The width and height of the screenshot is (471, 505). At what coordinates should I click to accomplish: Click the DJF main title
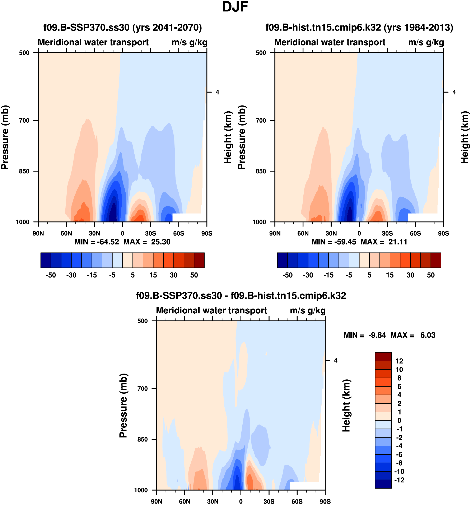pyautogui.click(x=235, y=7)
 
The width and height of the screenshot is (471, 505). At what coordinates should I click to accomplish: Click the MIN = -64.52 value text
pyautogui.click(x=97, y=242)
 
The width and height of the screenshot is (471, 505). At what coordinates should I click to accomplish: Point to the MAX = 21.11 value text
pyautogui.click(x=384, y=242)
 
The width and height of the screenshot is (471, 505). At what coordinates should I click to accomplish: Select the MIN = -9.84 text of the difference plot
pyautogui.click(x=365, y=335)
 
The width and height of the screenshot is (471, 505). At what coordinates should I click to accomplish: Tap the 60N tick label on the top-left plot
pyautogui.click(x=66, y=233)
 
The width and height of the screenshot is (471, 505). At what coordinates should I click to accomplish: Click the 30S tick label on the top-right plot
pyautogui.click(x=387, y=233)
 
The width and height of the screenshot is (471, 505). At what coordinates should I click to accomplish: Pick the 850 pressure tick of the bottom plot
pyautogui.click(x=143, y=439)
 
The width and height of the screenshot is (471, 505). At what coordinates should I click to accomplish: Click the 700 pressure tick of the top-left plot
pyautogui.click(x=24, y=120)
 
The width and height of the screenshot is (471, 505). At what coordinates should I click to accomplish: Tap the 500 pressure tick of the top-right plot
pyautogui.click(x=261, y=53)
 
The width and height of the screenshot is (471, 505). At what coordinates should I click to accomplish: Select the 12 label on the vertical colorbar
pyautogui.click(x=399, y=361)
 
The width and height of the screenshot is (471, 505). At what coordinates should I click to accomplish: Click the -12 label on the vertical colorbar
pyautogui.click(x=399, y=480)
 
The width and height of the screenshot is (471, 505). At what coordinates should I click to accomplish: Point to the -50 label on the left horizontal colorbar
pyautogui.click(x=51, y=275)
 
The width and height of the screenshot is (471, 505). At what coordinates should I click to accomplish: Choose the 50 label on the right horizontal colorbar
pyautogui.click(x=431, y=275)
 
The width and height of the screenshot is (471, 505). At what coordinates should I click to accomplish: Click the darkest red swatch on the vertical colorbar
pyautogui.click(x=383, y=357)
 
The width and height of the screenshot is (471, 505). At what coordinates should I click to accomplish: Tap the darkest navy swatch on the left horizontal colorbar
pyautogui.click(x=46, y=260)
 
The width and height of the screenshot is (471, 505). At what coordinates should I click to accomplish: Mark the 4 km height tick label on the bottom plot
pyautogui.click(x=336, y=360)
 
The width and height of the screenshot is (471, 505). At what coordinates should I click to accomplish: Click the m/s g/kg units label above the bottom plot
pyautogui.click(x=308, y=310)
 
